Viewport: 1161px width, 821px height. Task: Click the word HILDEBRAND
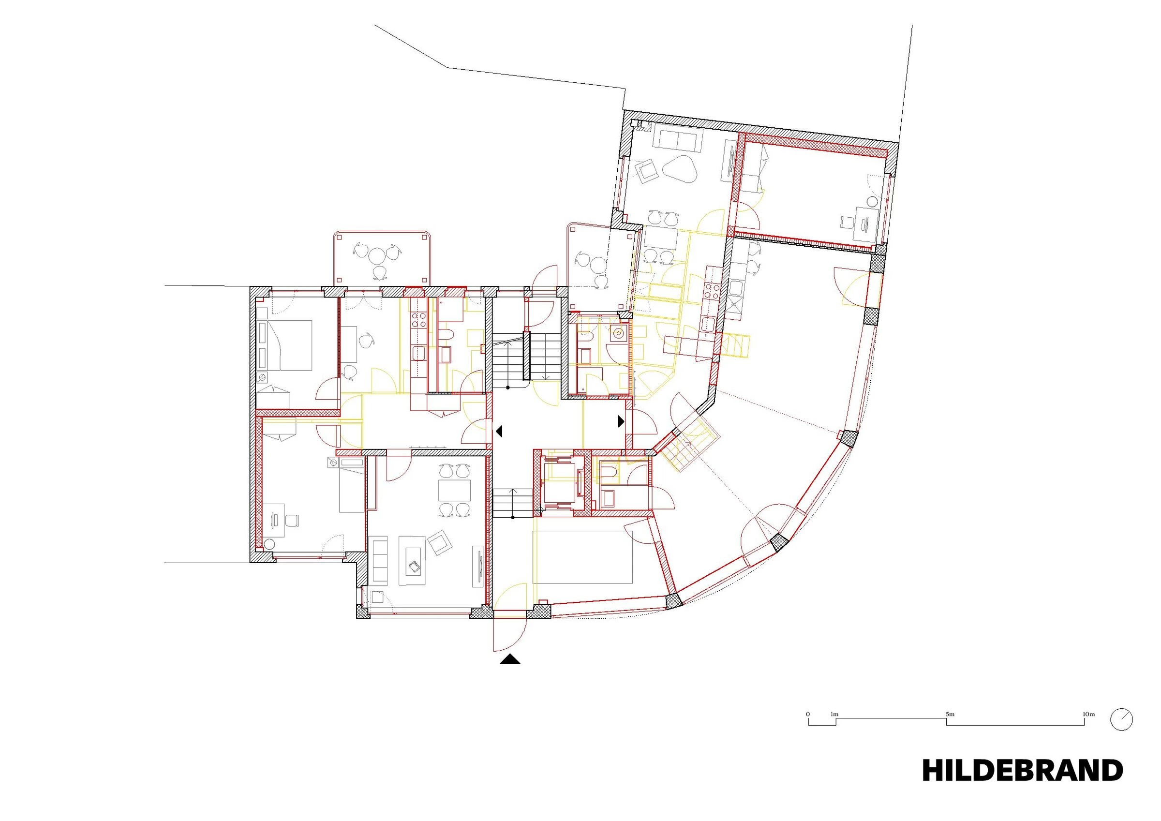pos(1022,770)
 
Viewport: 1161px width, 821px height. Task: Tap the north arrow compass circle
pos(1121,719)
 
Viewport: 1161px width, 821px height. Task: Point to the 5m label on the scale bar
pos(950,714)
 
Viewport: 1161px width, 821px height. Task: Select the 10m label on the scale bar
pos(1088,714)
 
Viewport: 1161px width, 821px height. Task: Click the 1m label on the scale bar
pos(834,714)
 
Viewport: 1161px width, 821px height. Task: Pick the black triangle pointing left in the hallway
pos(499,432)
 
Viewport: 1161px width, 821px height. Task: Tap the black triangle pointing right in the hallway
pos(622,421)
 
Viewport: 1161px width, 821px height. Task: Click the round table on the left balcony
pos(377,256)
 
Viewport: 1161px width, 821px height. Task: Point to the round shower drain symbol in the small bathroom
pos(618,333)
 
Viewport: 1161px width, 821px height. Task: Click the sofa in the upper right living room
pos(678,137)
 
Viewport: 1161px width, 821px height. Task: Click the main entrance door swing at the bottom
pos(510,635)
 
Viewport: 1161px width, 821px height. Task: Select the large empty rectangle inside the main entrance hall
pos(582,556)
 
